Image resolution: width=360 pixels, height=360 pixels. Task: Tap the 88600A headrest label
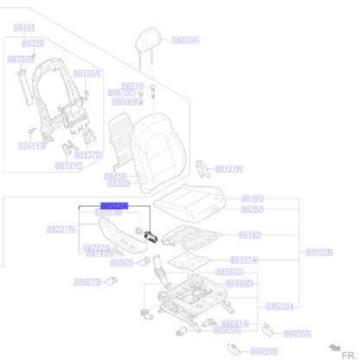click(185, 40)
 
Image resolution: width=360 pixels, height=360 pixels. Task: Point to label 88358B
click(20, 59)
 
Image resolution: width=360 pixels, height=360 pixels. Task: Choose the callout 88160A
click(88, 74)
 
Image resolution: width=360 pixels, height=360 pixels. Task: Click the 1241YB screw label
click(32, 145)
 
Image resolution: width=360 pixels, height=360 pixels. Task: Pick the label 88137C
click(69, 165)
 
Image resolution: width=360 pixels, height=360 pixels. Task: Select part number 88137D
click(89, 155)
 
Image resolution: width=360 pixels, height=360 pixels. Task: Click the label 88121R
click(228, 169)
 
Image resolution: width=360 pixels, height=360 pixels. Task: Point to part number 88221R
click(60, 229)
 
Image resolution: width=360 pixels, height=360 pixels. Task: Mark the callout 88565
click(122, 262)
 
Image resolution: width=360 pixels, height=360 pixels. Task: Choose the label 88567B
click(87, 282)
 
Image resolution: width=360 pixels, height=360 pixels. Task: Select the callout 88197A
click(244, 260)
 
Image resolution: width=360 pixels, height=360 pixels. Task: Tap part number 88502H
click(280, 306)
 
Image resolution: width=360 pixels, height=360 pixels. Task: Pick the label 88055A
click(298, 332)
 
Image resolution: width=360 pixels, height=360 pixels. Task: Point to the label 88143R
click(99, 254)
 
